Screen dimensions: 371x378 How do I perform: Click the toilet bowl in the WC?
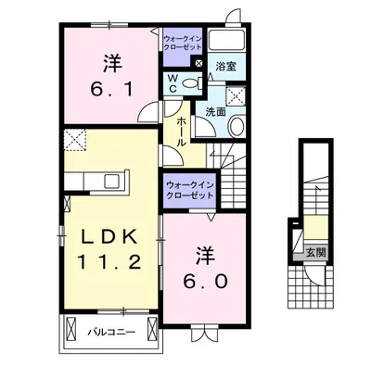click(192, 83)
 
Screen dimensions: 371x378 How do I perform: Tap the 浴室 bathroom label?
click(226, 67)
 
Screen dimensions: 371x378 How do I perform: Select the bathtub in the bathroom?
click(226, 41)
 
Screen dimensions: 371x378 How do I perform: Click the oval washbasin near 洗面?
click(237, 126)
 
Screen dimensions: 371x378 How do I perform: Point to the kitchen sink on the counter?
click(114, 182)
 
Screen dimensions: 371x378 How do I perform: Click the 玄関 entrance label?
click(316, 253)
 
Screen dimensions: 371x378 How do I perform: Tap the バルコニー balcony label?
click(111, 333)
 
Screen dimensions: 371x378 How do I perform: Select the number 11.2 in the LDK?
click(109, 262)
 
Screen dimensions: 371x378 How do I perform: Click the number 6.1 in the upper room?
click(111, 89)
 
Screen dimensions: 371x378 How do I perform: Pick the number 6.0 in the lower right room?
click(205, 281)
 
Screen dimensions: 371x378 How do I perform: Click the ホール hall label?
click(182, 132)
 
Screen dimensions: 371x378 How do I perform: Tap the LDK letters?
click(109, 237)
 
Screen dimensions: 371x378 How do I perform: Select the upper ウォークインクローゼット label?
click(183, 43)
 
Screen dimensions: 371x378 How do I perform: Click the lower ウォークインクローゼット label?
click(190, 190)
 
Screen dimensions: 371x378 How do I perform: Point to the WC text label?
click(173, 83)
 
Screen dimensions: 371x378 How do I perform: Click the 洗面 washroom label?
click(215, 112)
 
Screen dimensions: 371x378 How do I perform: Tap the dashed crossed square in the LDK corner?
click(75, 140)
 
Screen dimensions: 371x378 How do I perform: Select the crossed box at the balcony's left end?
click(70, 329)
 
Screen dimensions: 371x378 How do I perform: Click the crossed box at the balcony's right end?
click(152, 329)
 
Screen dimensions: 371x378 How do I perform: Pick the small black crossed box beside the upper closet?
click(198, 63)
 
